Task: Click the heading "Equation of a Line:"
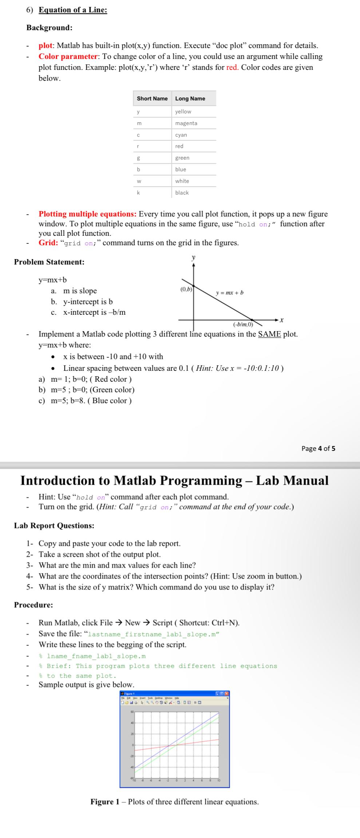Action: click(73, 10)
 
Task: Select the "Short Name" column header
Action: click(152, 99)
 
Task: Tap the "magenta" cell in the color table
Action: click(186, 123)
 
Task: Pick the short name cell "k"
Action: click(138, 193)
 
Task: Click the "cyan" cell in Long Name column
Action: click(181, 135)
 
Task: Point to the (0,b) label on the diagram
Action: click(186, 290)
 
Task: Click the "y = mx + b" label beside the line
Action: click(229, 293)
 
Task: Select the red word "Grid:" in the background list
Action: click(48, 243)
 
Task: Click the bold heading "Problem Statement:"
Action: click(49, 262)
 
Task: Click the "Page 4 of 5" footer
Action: click(318, 448)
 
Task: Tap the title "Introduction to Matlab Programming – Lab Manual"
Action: click(174, 480)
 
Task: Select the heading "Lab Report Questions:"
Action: click(54, 525)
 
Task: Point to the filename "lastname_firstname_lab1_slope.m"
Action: click(154, 634)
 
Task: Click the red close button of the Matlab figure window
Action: click(227, 694)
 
